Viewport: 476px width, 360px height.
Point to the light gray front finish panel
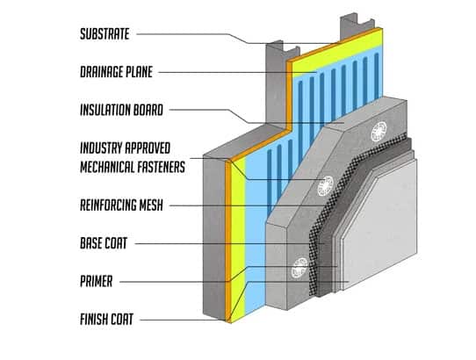click(x=404, y=237)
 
